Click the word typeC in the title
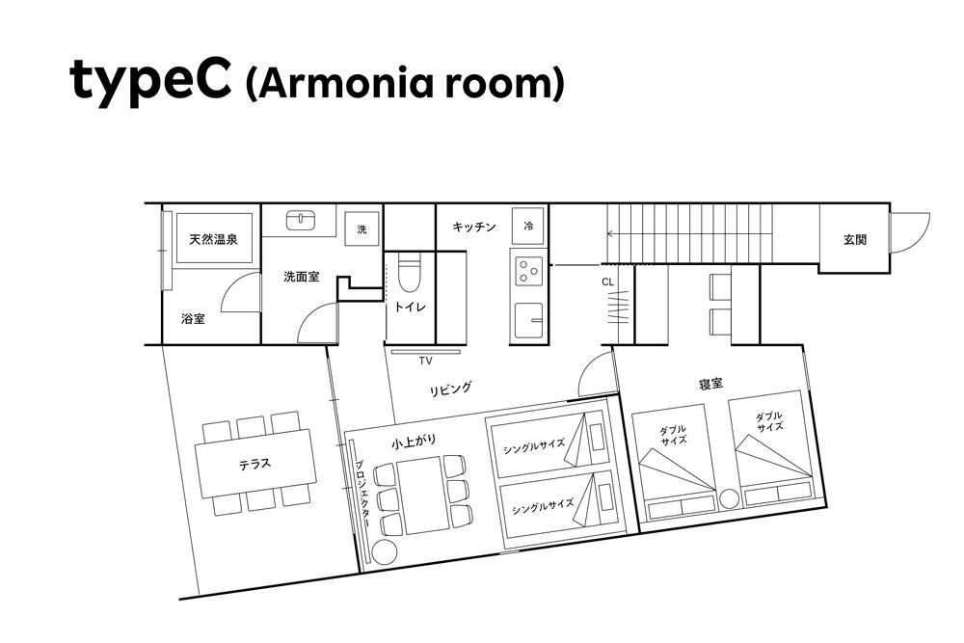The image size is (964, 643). pyautogui.click(x=151, y=81)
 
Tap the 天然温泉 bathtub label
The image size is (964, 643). pyautogui.click(x=213, y=239)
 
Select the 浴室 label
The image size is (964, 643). pyautogui.click(x=193, y=318)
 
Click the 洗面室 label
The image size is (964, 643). pyautogui.click(x=301, y=277)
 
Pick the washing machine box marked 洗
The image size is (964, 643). pyautogui.click(x=361, y=229)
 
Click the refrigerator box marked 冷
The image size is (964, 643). pyautogui.click(x=528, y=226)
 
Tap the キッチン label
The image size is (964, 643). pyautogui.click(x=474, y=227)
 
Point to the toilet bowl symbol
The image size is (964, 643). pyautogui.click(x=409, y=276)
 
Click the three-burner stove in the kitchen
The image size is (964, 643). pyautogui.click(x=528, y=271)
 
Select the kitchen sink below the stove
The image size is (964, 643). pyautogui.click(x=528, y=320)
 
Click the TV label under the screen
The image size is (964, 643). pyautogui.click(x=425, y=361)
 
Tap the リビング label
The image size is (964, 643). pyautogui.click(x=450, y=389)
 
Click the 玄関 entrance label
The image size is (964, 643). pyautogui.click(x=854, y=240)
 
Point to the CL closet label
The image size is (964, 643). pyautogui.click(x=607, y=282)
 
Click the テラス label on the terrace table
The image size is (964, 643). pyautogui.click(x=254, y=464)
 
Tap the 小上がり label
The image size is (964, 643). pyautogui.click(x=414, y=442)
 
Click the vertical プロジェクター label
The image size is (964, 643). pyautogui.click(x=361, y=495)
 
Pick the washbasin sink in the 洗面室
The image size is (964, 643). pyautogui.click(x=301, y=220)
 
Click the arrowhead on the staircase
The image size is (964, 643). pyautogui.click(x=609, y=233)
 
